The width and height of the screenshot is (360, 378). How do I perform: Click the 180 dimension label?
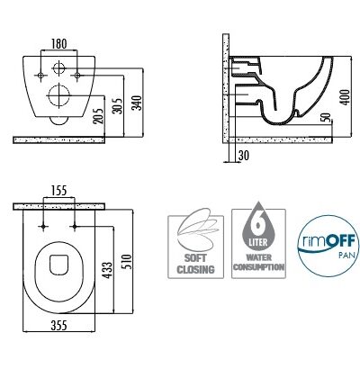coord(59,44)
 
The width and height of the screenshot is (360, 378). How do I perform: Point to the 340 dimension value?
coord(137,103)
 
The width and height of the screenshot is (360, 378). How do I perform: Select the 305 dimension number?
coord(117,106)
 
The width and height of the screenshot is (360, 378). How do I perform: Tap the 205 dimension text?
coord(98,116)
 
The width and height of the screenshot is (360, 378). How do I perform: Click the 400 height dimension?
coord(346,97)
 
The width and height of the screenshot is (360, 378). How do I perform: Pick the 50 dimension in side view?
coord(326,118)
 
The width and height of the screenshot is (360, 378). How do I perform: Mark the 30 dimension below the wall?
coord(244,156)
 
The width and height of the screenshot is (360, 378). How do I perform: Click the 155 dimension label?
coord(58,191)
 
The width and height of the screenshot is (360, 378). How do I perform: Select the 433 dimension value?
coord(108,270)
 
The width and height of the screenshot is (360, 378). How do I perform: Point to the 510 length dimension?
coord(127,262)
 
